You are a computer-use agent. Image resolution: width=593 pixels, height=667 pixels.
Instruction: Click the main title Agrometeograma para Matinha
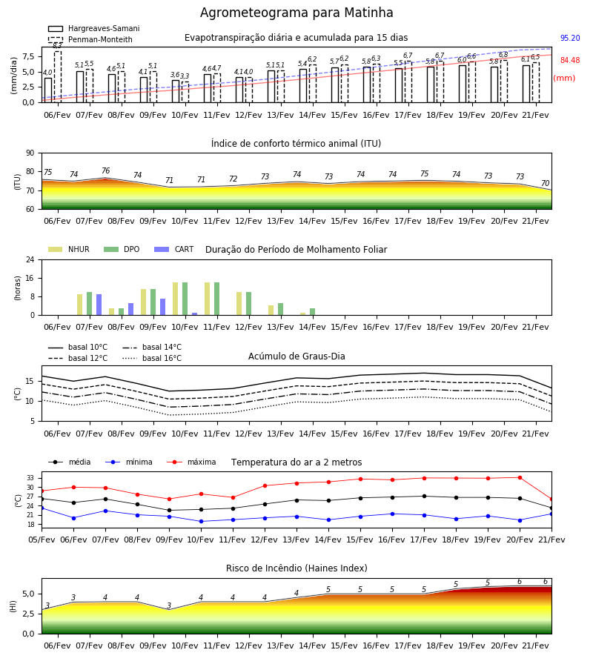tap(296, 13)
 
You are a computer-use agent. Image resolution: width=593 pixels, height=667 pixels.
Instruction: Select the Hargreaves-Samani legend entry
tap(94, 28)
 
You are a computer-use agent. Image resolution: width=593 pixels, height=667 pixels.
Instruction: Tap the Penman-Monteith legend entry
tap(90, 39)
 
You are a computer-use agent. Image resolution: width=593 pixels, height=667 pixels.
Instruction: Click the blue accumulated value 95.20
tap(570, 38)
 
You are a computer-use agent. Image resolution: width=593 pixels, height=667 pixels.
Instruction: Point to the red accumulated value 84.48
tap(570, 61)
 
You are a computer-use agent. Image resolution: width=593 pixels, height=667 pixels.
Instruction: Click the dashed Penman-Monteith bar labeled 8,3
tap(58, 76)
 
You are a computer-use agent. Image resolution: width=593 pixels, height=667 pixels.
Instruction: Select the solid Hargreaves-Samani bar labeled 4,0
tap(48, 90)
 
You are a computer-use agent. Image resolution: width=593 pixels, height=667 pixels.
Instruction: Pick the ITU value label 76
tap(105, 170)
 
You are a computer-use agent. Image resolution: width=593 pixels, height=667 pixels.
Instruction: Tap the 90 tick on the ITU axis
tap(30, 153)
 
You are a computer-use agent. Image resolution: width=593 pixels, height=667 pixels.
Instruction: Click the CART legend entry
tap(174, 249)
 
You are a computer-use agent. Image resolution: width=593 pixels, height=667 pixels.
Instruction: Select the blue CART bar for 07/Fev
tap(99, 305)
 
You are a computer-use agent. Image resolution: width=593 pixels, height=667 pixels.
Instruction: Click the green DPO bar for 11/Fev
tap(217, 299)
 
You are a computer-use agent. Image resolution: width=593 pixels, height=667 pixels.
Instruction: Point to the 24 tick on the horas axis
tap(30, 259)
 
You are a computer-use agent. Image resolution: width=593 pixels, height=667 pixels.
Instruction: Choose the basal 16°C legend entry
tap(152, 358)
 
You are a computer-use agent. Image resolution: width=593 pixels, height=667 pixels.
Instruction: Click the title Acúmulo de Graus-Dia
tap(296, 356)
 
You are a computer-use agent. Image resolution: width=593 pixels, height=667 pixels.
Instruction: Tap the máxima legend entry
tap(191, 462)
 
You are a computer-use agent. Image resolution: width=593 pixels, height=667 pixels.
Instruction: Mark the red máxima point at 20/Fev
tap(520, 478)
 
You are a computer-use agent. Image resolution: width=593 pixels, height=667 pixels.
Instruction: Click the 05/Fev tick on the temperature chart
tap(42, 540)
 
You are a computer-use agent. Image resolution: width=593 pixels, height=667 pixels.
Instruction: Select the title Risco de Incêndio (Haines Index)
tap(296, 568)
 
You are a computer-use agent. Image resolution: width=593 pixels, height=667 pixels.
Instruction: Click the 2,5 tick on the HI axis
tap(28, 614)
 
